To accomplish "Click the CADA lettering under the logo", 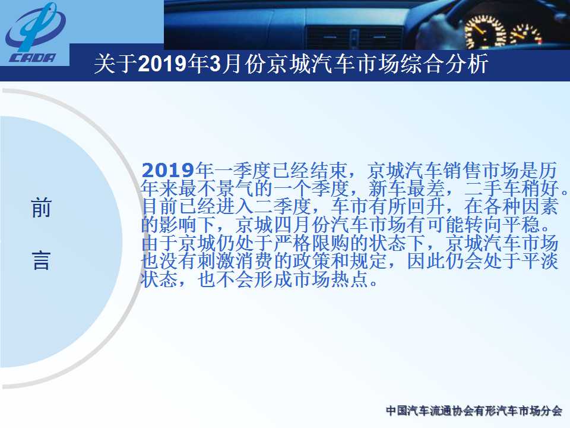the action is pyautogui.click(x=33, y=58).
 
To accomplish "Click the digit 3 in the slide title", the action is pyautogui.click(x=216, y=64).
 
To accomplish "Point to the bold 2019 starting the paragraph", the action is pyautogui.click(x=167, y=171).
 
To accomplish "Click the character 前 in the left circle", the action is pyautogui.click(x=41, y=208).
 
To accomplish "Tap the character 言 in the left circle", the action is pyautogui.click(x=41, y=260).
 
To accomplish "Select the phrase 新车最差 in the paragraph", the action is pyautogui.click(x=406, y=188).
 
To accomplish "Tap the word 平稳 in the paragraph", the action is pyautogui.click(x=521, y=225).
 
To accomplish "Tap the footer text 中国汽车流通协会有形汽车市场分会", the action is pyautogui.click(x=474, y=411).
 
